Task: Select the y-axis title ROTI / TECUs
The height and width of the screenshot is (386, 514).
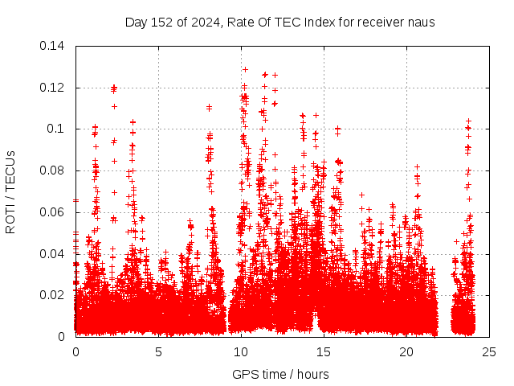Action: [x=10, y=191]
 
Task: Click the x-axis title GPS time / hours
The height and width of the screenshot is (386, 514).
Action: [x=280, y=374]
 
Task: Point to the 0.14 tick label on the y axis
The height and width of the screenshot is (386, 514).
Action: [x=54, y=46]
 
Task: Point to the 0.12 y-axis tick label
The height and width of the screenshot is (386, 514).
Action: [x=54, y=87]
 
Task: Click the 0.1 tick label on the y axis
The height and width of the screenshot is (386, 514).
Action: [x=58, y=129]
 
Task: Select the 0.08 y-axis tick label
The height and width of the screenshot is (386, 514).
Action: [x=54, y=170]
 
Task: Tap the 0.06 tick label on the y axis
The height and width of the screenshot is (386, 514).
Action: [x=54, y=212]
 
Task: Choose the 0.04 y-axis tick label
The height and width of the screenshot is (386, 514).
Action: [x=54, y=253]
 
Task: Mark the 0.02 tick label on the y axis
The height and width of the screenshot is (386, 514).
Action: [x=54, y=295]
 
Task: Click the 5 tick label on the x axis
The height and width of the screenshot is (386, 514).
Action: [x=158, y=352]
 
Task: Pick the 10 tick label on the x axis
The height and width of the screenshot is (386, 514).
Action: [x=241, y=352]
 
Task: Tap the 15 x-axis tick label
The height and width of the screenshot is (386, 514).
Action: [x=324, y=352]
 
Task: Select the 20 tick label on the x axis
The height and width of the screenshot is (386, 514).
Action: [x=406, y=352]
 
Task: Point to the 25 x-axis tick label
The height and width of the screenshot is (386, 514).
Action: [x=489, y=352]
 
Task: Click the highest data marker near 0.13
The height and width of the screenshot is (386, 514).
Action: [x=245, y=69]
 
